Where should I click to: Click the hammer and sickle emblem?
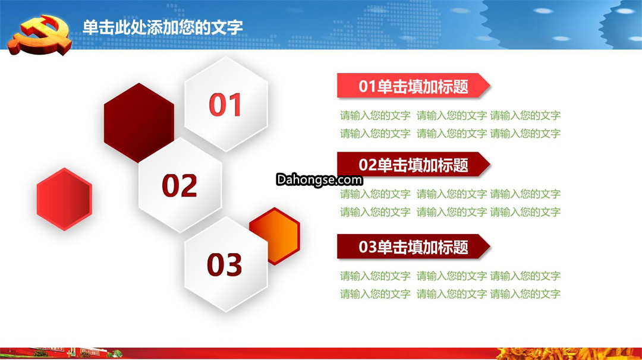pyautogui.click(x=40, y=35)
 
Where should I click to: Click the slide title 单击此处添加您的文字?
pyautogui.click(x=162, y=27)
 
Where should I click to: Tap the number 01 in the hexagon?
pyautogui.click(x=225, y=105)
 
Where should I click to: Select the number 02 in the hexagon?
pyautogui.click(x=180, y=185)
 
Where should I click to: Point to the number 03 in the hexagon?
pyautogui.click(x=224, y=264)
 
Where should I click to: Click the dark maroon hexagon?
pyautogui.click(x=139, y=123)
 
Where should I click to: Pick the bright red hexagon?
pyautogui.click(x=64, y=199)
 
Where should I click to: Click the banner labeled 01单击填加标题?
pyautogui.click(x=414, y=86)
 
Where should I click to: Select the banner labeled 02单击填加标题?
pyautogui.click(x=414, y=165)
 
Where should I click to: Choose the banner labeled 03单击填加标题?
pyautogui.click(x=414, y=247)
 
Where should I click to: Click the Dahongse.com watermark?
pyautogui.click(x=319, y=179)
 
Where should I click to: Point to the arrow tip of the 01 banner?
pyautogui.click(x=490, y=86)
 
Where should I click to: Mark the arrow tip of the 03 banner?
pyautogui.click(x=490, y=247)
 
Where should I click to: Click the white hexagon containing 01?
pyautogui.click(x=226, y=105)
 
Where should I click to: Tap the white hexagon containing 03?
pyautogui.click(x=226, y=264)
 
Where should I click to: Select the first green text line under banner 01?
pyautogui.click(x=450, y=115)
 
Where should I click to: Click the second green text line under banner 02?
pyautogui.click(x=450, y=212)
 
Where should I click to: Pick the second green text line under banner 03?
pyautogui.click(x=450, y=293)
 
